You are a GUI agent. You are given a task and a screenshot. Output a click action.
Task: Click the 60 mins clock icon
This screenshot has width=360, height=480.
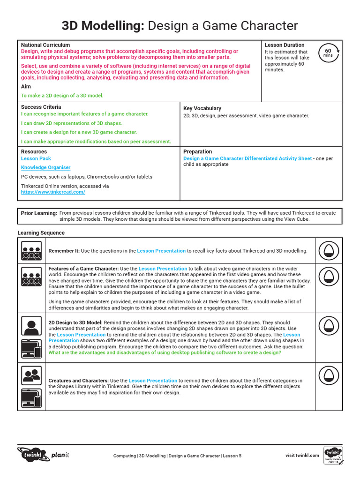(328, 52)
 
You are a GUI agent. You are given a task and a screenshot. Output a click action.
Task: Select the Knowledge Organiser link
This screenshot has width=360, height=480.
(45, 167)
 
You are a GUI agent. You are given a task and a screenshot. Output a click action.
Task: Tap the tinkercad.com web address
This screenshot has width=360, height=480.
(53, 192)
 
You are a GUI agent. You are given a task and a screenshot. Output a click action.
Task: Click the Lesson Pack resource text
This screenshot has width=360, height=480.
(36, 158)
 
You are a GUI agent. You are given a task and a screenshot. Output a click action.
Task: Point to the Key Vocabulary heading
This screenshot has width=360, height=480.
(202, 108)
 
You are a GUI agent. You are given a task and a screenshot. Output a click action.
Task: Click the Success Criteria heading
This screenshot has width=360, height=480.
(41, 107)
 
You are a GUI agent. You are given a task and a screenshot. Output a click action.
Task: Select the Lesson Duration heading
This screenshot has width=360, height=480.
(285, 45)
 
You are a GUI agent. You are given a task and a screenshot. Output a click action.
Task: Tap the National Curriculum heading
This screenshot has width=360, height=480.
(45, 45)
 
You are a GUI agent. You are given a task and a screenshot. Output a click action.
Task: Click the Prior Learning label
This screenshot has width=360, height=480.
(39, 213)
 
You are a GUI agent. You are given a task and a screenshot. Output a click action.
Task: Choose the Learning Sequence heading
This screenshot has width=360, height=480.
(41, 233)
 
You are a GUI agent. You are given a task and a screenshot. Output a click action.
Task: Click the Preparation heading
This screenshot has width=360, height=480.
(198, 152)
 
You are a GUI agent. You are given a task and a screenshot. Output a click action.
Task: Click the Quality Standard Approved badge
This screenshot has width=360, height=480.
(333, 456)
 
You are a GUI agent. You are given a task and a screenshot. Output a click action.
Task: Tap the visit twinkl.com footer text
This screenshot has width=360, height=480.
(302, 455)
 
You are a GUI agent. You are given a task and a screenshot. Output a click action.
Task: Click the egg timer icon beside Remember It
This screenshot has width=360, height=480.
(329, 251)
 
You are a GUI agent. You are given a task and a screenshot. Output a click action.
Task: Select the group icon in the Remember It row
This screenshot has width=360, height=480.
(31, 251)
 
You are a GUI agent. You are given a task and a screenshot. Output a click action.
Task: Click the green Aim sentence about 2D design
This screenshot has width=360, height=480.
(62, 95)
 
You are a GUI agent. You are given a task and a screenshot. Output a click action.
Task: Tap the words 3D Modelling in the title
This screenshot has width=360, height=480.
(103, 26)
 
